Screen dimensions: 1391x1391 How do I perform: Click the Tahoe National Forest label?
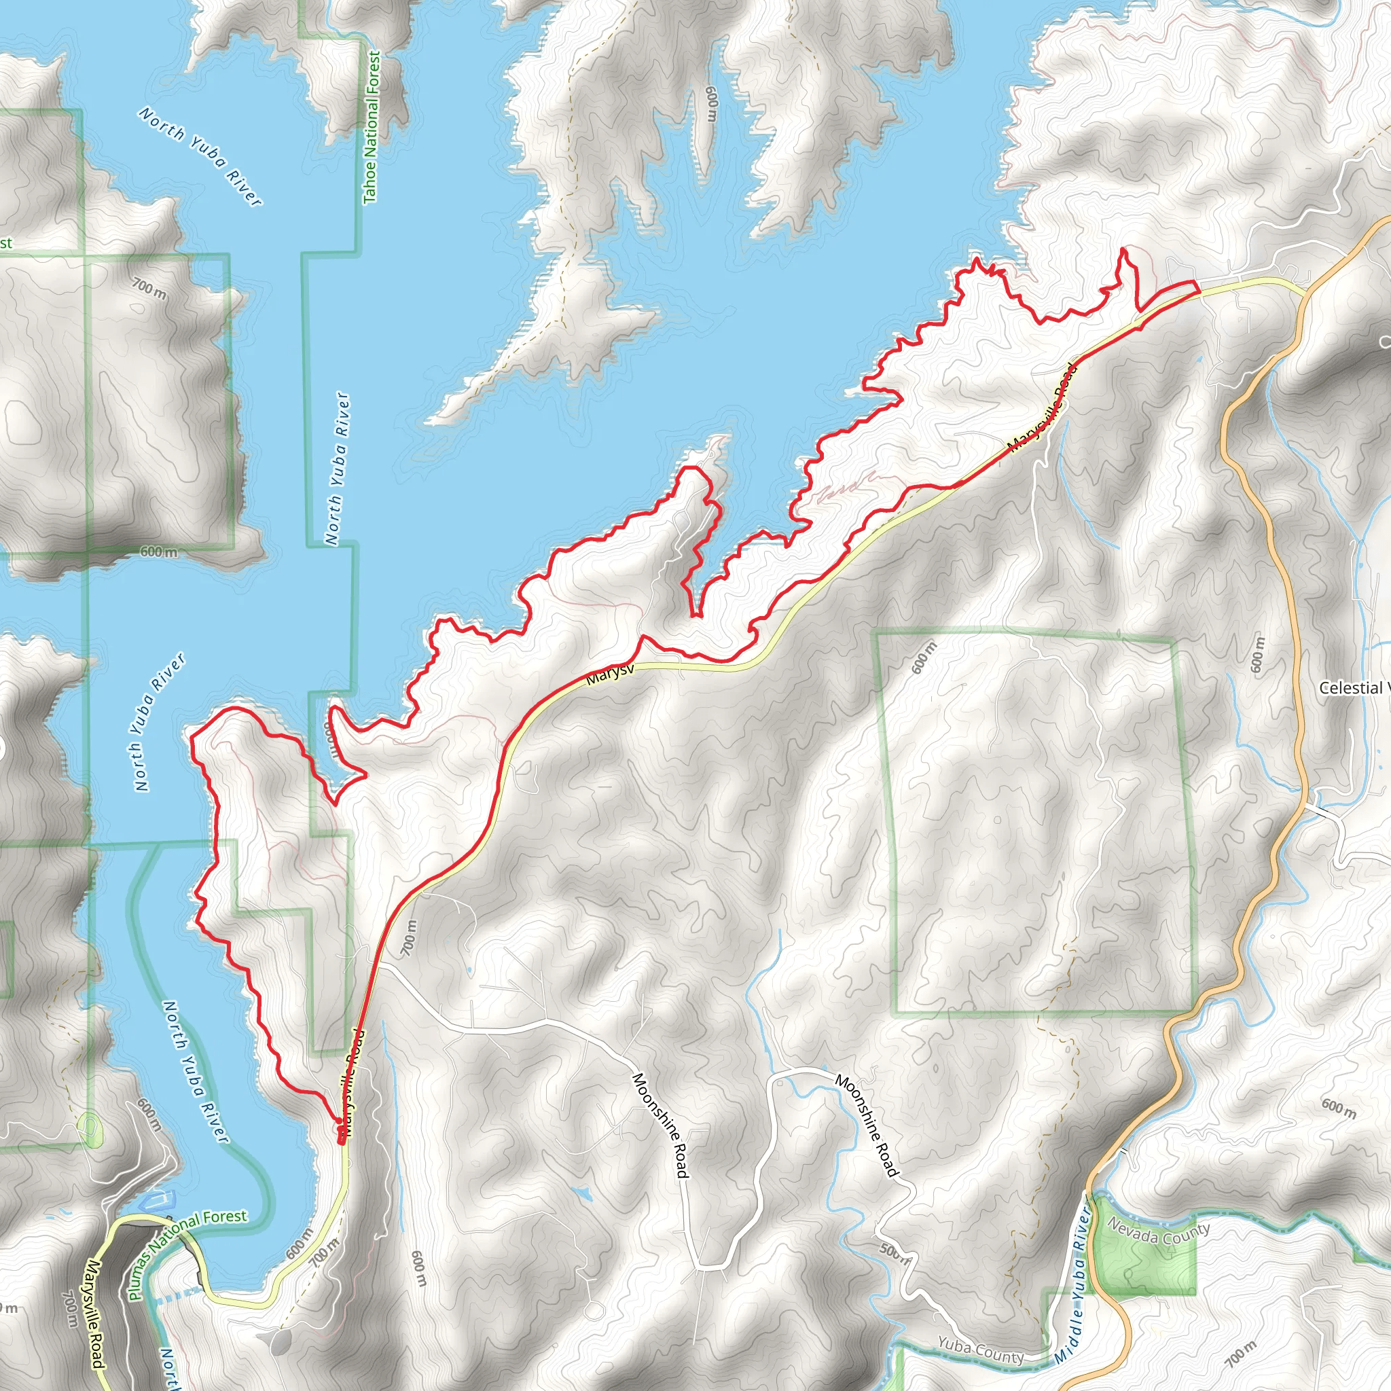click(x=372, y=128)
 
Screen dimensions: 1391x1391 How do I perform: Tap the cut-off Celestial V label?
click(x=1354, y=687)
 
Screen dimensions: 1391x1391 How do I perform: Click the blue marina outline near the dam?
click(x=160, y=1200)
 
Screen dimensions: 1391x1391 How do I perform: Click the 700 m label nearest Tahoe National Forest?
click(x=149, y=289)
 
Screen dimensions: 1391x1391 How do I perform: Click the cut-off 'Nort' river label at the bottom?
click(x=168, y=1368)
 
